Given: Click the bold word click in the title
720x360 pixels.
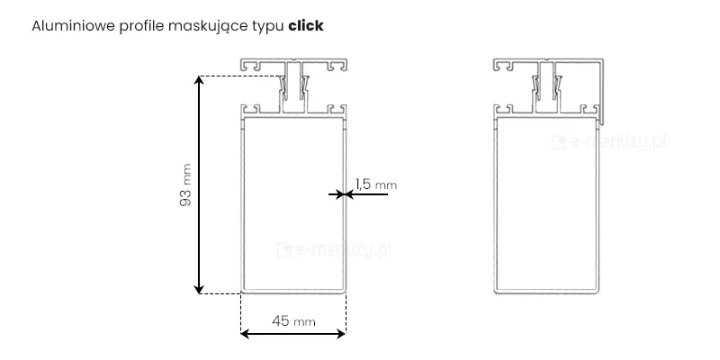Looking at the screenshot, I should (305, 26).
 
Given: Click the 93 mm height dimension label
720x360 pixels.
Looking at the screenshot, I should (185, 184).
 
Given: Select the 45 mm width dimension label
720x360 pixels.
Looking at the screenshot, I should (293, 321).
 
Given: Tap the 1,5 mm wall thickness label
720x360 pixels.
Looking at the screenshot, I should (374, 184).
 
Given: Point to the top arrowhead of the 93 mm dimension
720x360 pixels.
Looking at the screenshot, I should (200, 81).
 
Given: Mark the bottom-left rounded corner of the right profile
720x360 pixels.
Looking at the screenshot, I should (498, 290).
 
